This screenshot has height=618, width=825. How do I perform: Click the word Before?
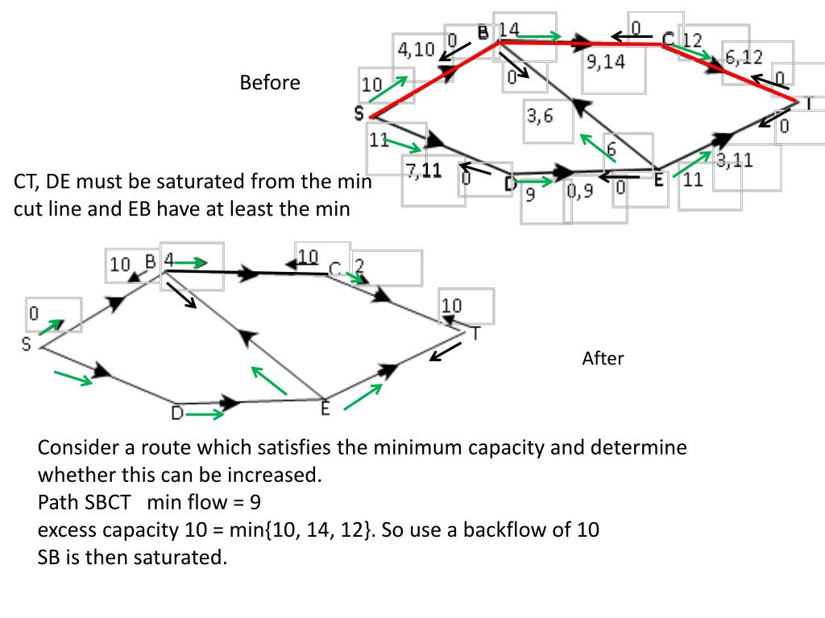(x=269, y=83)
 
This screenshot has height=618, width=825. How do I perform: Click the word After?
(x=603, y=359)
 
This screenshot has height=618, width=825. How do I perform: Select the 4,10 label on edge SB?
(x=416, y=49)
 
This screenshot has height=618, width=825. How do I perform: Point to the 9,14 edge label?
(x=606, y=61)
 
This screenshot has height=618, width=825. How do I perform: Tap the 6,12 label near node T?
(x=744, y=57)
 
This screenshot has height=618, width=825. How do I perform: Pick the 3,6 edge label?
(x=540, y=116)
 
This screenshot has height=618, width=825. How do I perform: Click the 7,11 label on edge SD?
(x=424, y=170)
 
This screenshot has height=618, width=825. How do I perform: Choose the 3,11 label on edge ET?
(x=734, y=161)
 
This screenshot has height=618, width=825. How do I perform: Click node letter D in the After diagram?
(x=177, y=414)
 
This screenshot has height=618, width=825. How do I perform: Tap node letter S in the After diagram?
(x=27, y=344)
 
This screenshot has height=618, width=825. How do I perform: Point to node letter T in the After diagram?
(x=475, y=333)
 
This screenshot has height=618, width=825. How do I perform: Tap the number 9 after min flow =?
(x=254, y=503)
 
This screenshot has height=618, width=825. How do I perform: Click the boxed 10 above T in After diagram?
(x=452, y=306)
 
